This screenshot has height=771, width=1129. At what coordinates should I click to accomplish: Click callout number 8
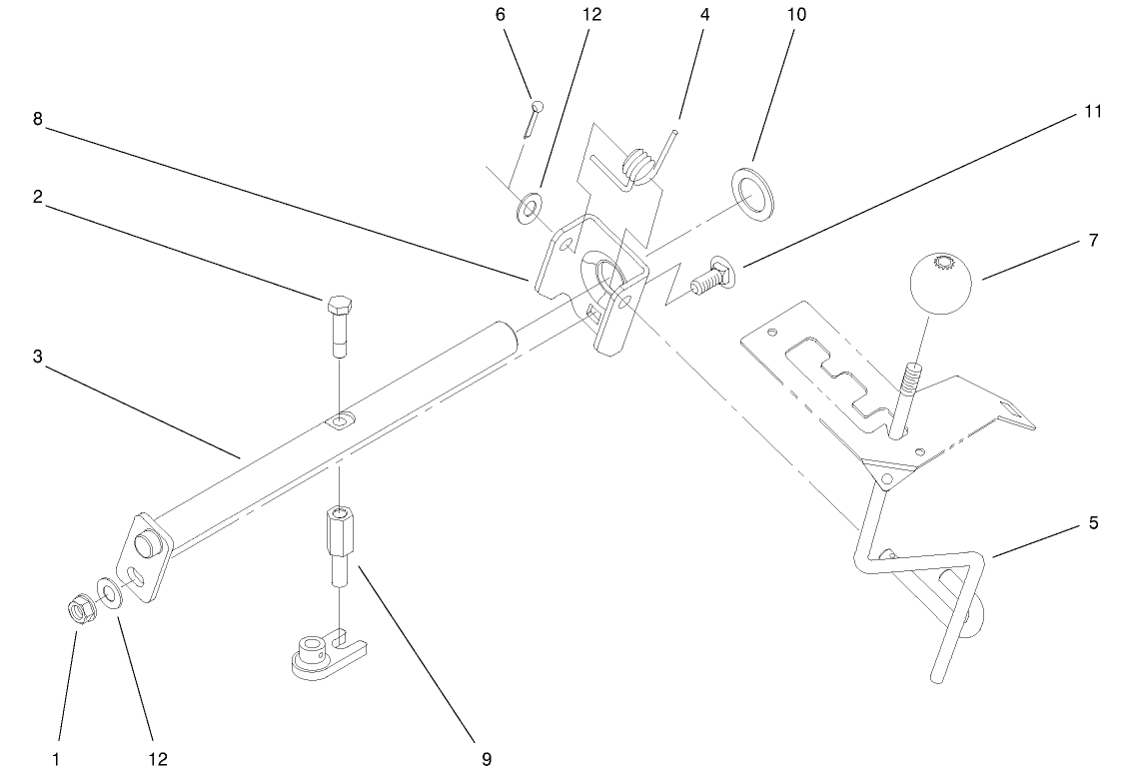pyautogui.click(x=37, y=119)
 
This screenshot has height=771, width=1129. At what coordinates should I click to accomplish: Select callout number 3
pyautogui.click(x=37, y=356)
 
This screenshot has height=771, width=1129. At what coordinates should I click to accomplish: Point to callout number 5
pyautogui.click(x=1093, y=522)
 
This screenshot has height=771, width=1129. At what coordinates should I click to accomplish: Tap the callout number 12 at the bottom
pyautogui.click(x=158, y=759)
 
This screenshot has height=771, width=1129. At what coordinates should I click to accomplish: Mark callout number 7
pyautogui.click(x=1093, y=241)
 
